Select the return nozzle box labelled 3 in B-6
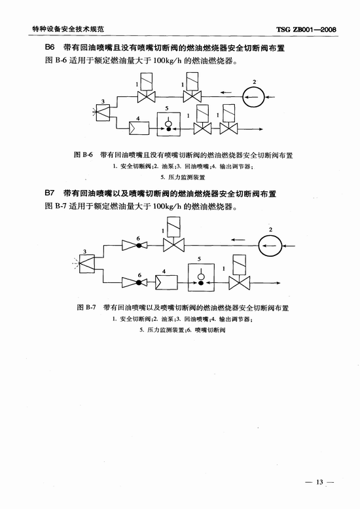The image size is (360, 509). (x=103, y=113)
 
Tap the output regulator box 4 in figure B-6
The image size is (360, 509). (x=139, y=128)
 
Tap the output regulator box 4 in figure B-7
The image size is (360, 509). (x=166, y=282)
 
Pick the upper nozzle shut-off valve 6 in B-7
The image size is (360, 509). (x=135, y=246)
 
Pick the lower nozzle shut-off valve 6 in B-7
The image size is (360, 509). (x=135, y=282)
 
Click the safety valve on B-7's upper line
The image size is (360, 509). (x=173, y=234)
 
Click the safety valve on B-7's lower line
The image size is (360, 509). (x=240, y=272)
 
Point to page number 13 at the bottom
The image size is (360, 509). (x=320, y=481)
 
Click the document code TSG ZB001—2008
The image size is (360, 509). (x=306, y=29)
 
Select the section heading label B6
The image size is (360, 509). (x=50, y=48)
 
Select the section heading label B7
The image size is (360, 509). (x=50, y=193)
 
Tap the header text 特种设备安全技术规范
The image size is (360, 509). (x=68, y=29)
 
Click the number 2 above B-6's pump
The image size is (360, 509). (x=254, y=82)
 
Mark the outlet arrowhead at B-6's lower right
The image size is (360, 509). (x=261, y=130)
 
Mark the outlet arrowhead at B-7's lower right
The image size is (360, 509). (x=278, y=283)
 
